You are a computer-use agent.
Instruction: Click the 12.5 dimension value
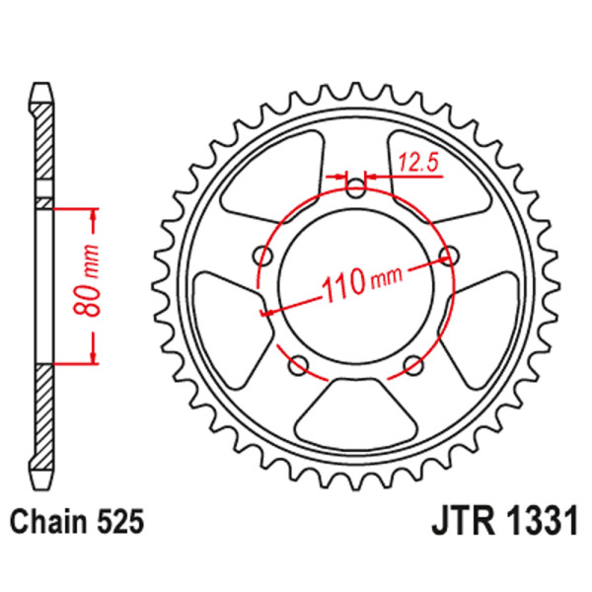coord(417,163)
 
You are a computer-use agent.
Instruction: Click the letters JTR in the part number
coord(465,520)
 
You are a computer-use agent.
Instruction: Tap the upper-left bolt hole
coord(263,257)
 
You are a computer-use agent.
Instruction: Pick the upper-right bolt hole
coord(450,257)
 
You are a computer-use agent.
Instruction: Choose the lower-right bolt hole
coord(414,367)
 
